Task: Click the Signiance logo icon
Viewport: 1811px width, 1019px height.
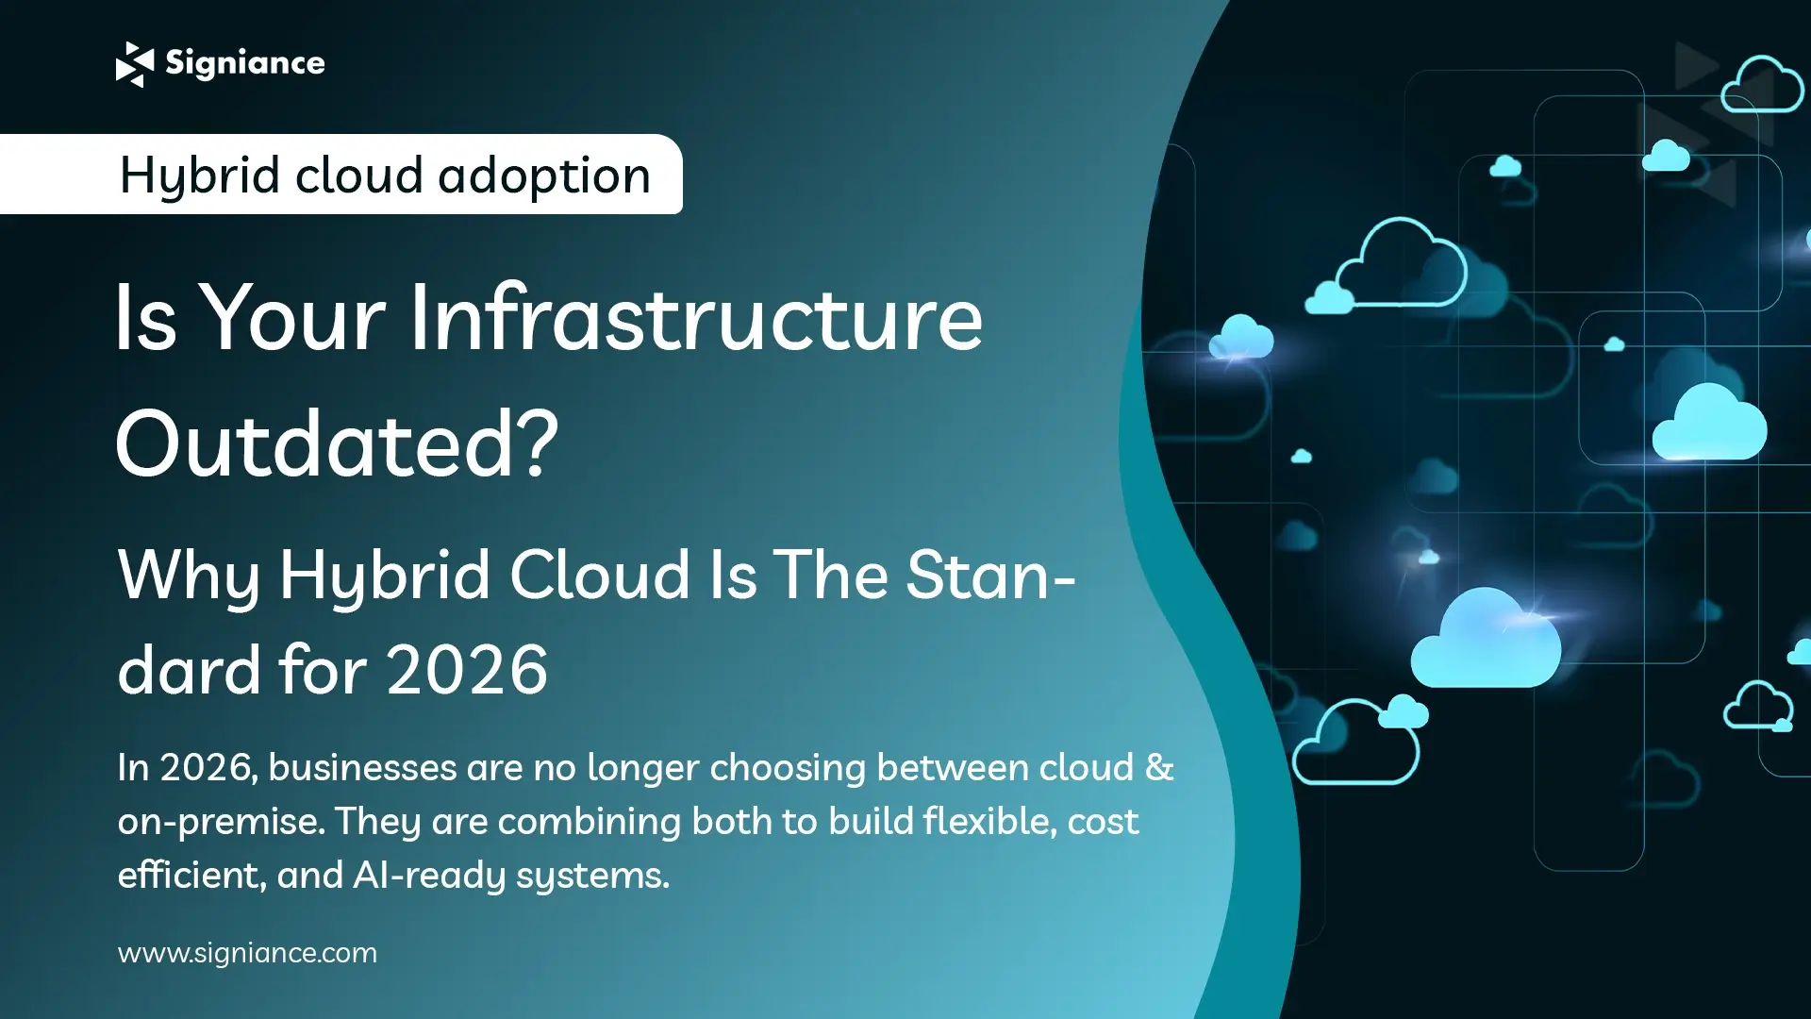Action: coord(134,64)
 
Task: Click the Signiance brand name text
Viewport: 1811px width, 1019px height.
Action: coord(245,63)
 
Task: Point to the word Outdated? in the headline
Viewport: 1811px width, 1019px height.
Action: coord(337,443)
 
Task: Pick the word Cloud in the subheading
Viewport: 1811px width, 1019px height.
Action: coord(601,575)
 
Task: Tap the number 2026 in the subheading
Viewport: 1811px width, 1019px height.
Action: coord(467,670)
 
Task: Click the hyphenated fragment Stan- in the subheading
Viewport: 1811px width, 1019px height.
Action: coord(990,575)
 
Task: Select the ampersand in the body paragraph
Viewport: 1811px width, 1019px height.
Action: coord(1159,767)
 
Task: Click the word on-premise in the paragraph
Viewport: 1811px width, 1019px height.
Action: coord(219,822)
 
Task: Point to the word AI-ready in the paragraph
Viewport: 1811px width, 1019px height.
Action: coord(428,876)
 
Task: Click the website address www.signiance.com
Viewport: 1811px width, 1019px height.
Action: coord(247,953)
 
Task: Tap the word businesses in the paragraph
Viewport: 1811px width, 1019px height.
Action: coord(362,767)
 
